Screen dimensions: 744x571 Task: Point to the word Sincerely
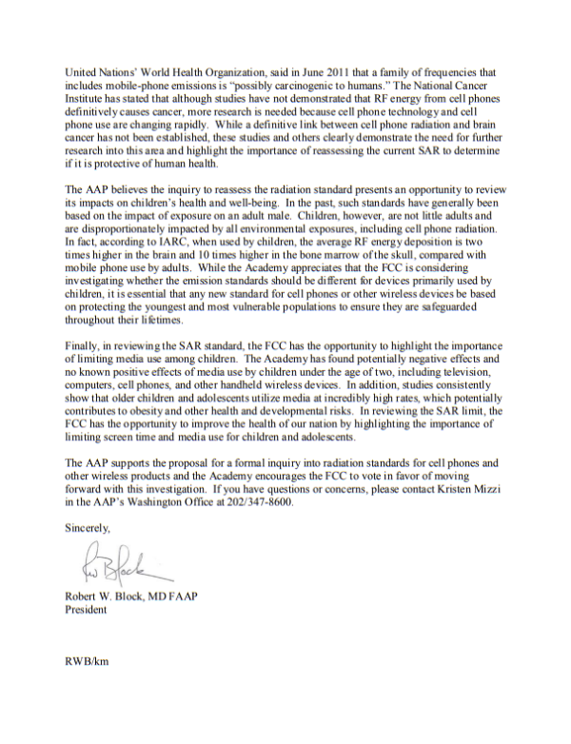click(87, 525)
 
